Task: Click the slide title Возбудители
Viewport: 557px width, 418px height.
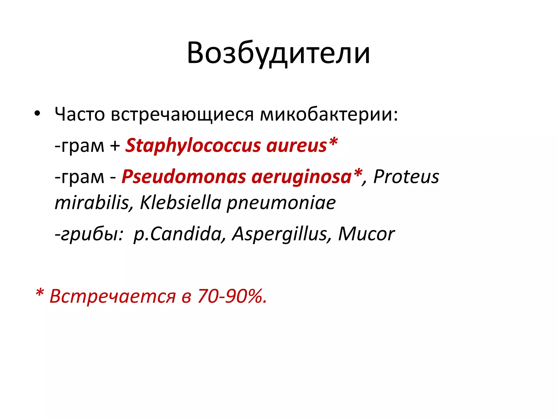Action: click(x=278, y=53)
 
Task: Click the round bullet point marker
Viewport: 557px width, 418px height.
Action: click(x=37, y=113)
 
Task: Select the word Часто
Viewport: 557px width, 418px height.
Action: click(x=80, y=114)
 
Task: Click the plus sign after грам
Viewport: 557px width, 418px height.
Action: click(x=115, y=146)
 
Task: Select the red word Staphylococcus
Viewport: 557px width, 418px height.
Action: click(x=193, y=146)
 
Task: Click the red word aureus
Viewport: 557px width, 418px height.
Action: click(x=296, y=146)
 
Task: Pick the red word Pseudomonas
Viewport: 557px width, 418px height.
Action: click(x=184, y=177)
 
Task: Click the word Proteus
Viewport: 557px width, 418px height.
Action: click(x=406, y=177)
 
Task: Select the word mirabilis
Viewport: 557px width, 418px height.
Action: click(x=92, y=203)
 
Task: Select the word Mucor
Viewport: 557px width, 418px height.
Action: click(x=366, y=234)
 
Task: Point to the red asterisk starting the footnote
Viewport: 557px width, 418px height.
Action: click(x=40, y=293)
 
